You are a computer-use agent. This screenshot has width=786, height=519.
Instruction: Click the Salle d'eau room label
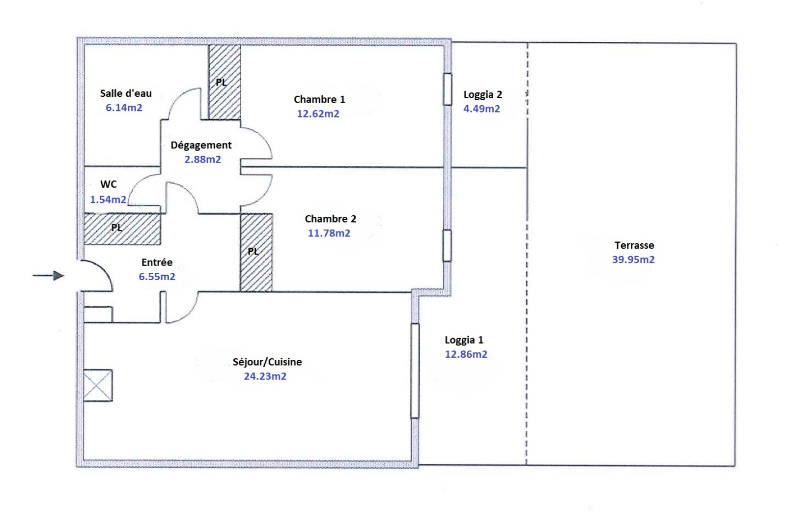tap(126, 93)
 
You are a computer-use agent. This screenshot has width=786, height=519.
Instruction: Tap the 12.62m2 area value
tap(318, 114)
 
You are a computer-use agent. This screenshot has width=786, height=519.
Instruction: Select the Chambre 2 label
tap(331, 219)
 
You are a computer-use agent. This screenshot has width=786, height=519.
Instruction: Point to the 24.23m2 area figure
tap(265, 376)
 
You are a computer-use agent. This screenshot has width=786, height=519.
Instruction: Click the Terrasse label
tap(634, 245)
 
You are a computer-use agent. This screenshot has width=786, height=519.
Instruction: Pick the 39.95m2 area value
tap(633, 259)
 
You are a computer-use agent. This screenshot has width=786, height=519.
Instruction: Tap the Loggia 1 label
tap(464, 340)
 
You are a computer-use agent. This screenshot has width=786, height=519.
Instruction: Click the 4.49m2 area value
tap(481, 109)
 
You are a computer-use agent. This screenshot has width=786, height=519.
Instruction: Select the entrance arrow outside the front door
tap(49, 276)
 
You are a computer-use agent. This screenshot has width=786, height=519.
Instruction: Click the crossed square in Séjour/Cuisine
tap(98, 385)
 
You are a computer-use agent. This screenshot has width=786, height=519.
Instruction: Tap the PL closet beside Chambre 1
tap(225, 82)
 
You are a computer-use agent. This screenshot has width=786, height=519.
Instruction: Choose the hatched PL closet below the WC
tap(122, 229)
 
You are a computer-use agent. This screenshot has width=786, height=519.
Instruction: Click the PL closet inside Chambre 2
tap(256, 253)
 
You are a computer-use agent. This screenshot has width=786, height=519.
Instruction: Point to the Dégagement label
tap(201, 145)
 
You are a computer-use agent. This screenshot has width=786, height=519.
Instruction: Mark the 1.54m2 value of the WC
tap(108, 200)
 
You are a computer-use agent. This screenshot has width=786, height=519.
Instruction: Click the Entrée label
tap(157, 262)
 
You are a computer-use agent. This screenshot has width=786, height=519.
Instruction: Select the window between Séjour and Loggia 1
tap(415, 371)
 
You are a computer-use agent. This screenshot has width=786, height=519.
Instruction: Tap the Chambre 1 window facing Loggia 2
tap(448, 89)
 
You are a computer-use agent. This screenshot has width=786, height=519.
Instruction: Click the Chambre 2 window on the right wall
tap(447, 246)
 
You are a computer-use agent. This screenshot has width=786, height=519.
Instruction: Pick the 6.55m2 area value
tap(157, 277)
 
